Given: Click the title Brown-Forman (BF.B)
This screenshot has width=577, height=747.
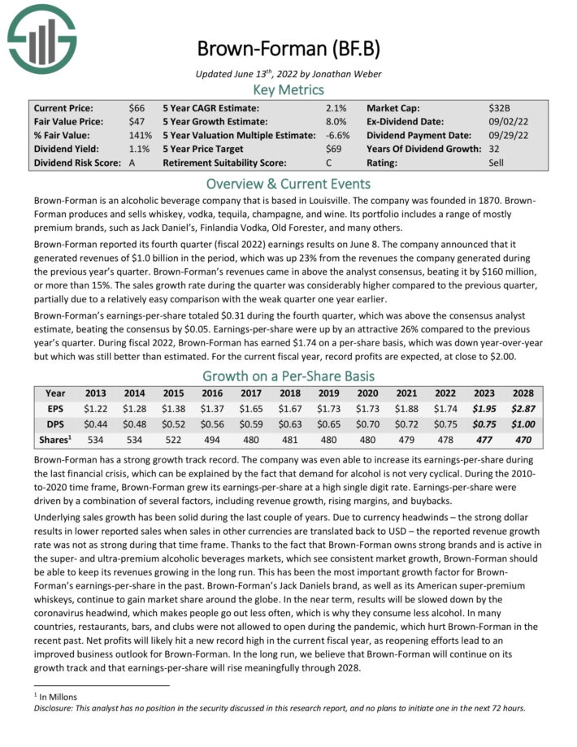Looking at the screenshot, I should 288,49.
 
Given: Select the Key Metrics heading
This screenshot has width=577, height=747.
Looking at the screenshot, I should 288,90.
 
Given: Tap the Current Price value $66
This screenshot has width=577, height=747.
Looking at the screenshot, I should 137,108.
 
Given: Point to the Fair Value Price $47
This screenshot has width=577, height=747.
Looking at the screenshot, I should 137,122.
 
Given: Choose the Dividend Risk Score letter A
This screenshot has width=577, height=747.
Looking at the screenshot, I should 132,163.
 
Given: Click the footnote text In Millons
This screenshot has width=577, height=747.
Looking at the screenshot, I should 59,697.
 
